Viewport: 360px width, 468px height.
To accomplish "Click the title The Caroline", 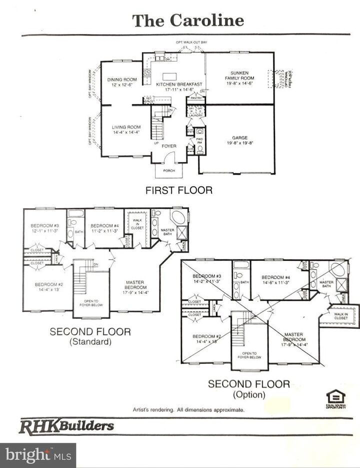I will (x=188, y=20).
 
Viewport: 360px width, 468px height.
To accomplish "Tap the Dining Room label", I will (x=122, y=79).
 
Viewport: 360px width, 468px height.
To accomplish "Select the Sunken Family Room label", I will (x=239, y=75).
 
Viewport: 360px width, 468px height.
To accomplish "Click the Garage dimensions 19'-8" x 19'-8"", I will (x=240, y=142).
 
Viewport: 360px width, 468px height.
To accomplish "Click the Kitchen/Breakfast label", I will (x=179, y=84).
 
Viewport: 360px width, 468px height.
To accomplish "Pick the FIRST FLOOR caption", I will (x=178, y=190).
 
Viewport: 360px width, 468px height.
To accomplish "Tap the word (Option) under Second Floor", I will (x=248, y=395).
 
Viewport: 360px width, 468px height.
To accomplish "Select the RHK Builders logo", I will (x=66, y=426).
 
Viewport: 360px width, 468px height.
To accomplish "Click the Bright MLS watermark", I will (x=37, y=455).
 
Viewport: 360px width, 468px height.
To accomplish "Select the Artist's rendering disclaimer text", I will (x=188, y=409).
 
